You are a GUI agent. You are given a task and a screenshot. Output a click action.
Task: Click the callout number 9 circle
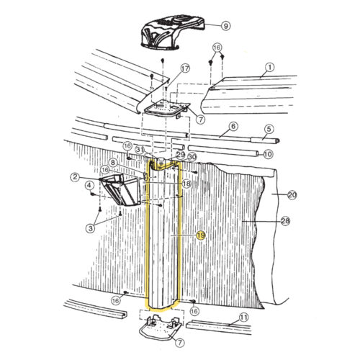[x=225, y=26]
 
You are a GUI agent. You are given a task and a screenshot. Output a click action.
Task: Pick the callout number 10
[x=267, y=154]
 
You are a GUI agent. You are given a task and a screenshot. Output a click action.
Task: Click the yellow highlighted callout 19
[x=201, y=235]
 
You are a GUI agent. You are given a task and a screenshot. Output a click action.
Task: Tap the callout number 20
[x=292, y=195]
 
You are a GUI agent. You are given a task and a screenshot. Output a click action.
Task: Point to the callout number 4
[x=89, y=185]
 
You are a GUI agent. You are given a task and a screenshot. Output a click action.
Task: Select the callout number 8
[x=112, y=163]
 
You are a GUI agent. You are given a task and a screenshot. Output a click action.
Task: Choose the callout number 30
[x=192, y=156]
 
